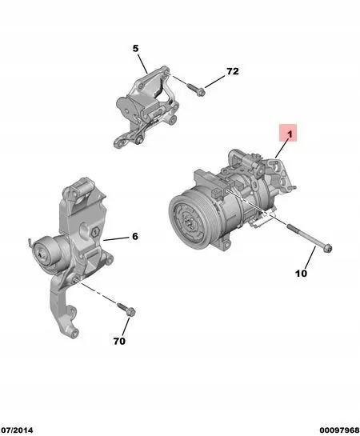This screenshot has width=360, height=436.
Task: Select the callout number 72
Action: tap(233, 71)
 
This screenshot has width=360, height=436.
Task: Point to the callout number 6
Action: tap(135, 236)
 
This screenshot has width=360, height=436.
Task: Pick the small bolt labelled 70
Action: tap(129, 309)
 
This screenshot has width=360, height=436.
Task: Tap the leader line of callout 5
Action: tap(141, 62)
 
